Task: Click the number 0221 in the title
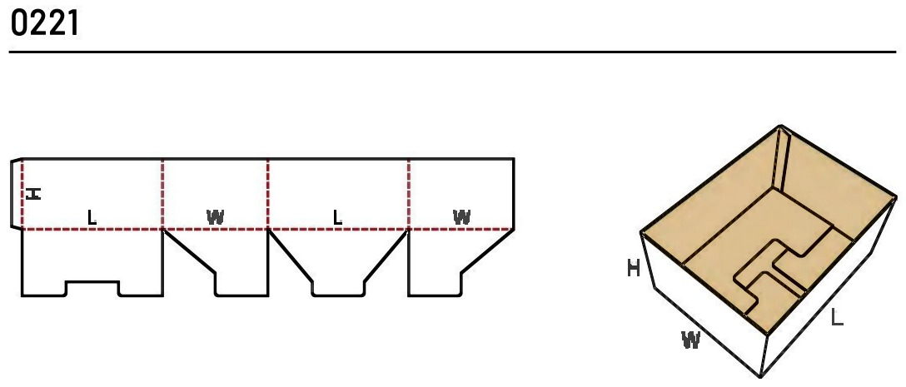tap(44, 23)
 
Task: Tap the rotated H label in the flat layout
tap(34, 193)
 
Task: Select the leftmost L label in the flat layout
tap(92, 218)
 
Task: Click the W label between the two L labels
tap(215, 218)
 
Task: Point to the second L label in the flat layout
tap(337, 218)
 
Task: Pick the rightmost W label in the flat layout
tap(461, 218)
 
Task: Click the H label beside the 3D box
tap(634, 268)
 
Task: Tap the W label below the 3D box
tap(691, 340)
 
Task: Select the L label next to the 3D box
tap(837, 317)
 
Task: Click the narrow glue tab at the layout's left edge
tap(16, 193)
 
